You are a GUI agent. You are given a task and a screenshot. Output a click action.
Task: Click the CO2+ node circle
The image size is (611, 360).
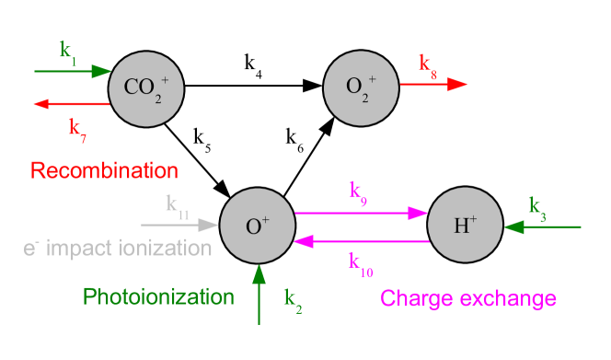pyautogui.click(x=146, y=87)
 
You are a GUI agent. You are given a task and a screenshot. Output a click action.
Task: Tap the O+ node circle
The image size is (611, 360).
pyautogui.click(x=258, y=226)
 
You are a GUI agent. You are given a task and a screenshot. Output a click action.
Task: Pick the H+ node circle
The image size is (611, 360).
pyautogui.click(x=466, y=225)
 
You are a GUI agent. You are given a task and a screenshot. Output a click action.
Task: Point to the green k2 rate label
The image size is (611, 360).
pyautogui.click(x=293, y=299)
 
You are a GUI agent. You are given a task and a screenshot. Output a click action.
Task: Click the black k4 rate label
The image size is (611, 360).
pyautogui.click(x=253, y=64)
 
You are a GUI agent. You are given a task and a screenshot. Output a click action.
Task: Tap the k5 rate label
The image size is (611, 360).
pyautogui.click(x=202, y=140)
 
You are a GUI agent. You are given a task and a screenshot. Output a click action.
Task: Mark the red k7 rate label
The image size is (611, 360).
pyautogui.click(x=77, y=127)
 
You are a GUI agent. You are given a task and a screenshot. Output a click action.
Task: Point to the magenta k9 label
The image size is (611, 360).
pyautogui.click(x=359, y=192)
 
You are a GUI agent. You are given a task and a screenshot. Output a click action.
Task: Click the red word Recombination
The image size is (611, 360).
pyautogui.click(x=103, y=171)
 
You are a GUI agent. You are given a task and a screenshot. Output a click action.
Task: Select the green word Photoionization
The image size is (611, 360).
pyautogui.click(x=158, y=296)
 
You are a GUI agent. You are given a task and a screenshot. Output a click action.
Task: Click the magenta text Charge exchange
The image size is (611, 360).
pyautogui.click(x=467, y=298)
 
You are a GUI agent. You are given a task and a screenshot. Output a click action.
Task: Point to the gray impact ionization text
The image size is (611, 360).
pyautogui.click(x=117, y=248)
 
